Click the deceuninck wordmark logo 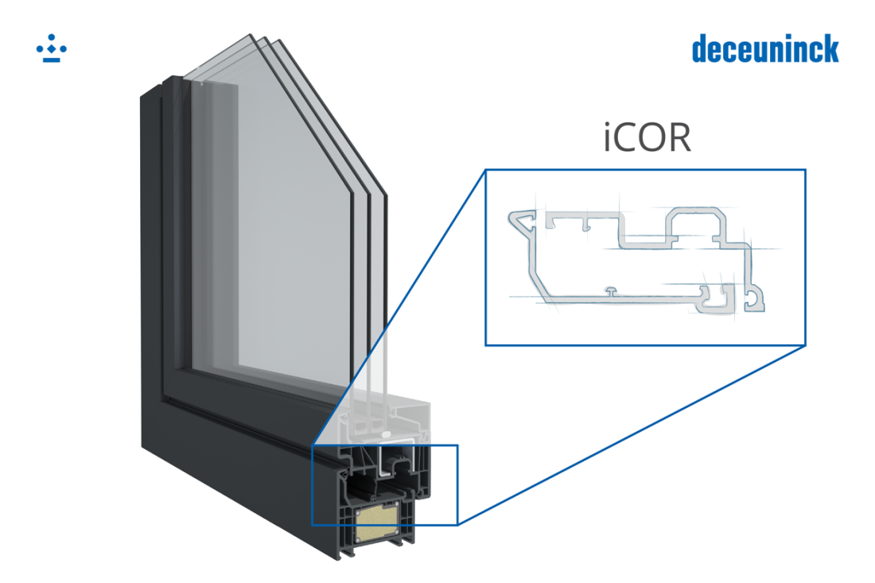[x=764, y=49]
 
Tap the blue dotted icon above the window [x=52, y=51]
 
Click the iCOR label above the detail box [x=645, y=138]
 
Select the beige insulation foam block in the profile [x=379, y=523]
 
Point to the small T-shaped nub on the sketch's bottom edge [x=609, y=293]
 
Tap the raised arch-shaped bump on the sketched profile [x=694, y=218]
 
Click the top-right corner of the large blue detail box [x=805, y=169]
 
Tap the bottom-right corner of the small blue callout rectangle [x=458, y=525]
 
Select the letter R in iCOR [x=678, y=138]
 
